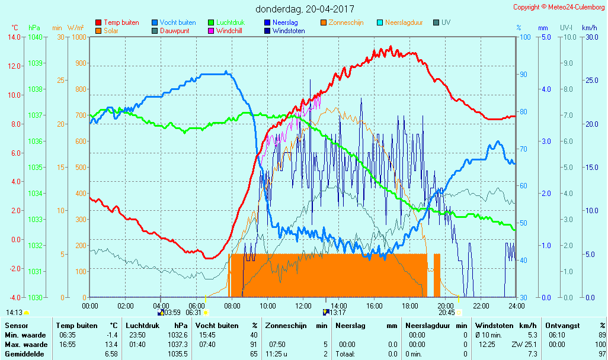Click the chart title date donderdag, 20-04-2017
[x=305, y=9]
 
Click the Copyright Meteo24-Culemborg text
[x=559, y=7]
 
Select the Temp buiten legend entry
[x=121, y=22]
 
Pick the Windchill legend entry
[x=228, y=31]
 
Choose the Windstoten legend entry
[x=289, y=31]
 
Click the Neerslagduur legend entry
[x=404, y=22]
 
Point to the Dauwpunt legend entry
[x=174, y=31]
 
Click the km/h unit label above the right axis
[x=589, y=28]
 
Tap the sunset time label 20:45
[x=447, y=312]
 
